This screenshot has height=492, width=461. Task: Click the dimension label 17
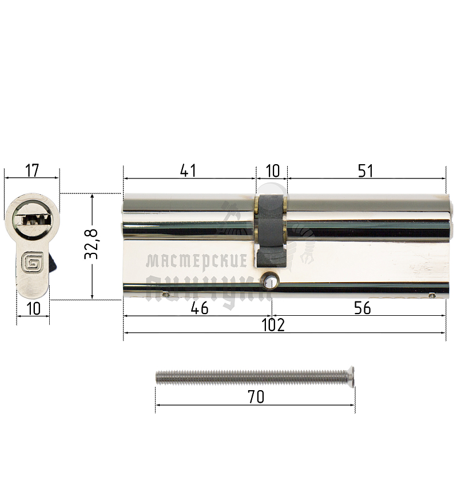[31, 170]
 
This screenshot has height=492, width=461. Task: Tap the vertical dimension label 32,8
[92, 245]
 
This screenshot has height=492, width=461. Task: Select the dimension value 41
[188, 170]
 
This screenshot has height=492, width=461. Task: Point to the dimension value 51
[365, 170]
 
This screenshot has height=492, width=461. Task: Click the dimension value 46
[198, 308]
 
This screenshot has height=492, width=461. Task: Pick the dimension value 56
[362, 308]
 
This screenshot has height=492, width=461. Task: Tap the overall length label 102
[273, 325]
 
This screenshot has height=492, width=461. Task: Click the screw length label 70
[256, 397]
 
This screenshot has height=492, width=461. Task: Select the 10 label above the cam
[272, 170]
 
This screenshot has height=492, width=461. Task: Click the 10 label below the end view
[33, 309]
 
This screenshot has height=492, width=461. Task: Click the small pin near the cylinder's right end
[432, 296]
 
